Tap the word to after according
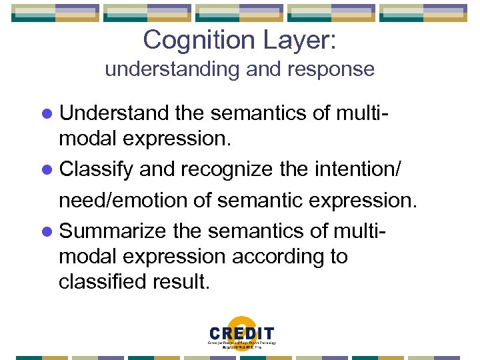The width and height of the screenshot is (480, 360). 337,257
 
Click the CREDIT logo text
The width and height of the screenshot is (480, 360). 241,333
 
